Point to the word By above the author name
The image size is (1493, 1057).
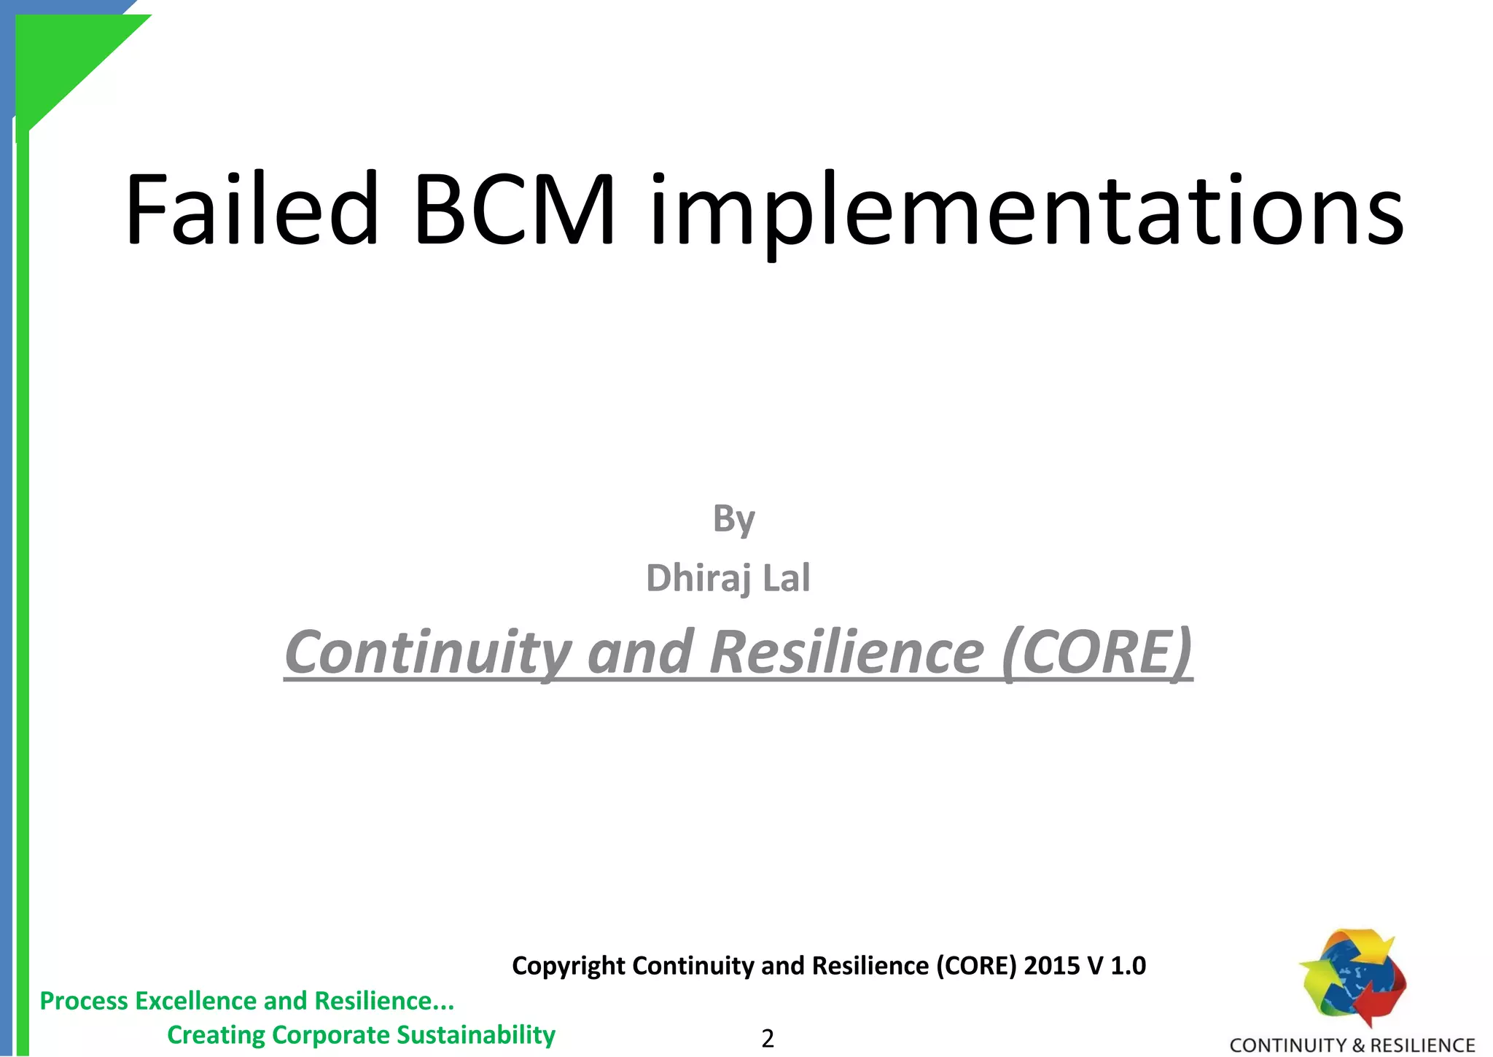733,520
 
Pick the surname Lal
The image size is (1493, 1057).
786,578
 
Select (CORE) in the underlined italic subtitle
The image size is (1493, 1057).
1097,652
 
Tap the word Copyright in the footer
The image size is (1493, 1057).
569,966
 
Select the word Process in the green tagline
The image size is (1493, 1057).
84,1002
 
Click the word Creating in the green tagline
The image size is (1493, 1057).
216,1036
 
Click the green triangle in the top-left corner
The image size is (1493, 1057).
66,58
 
